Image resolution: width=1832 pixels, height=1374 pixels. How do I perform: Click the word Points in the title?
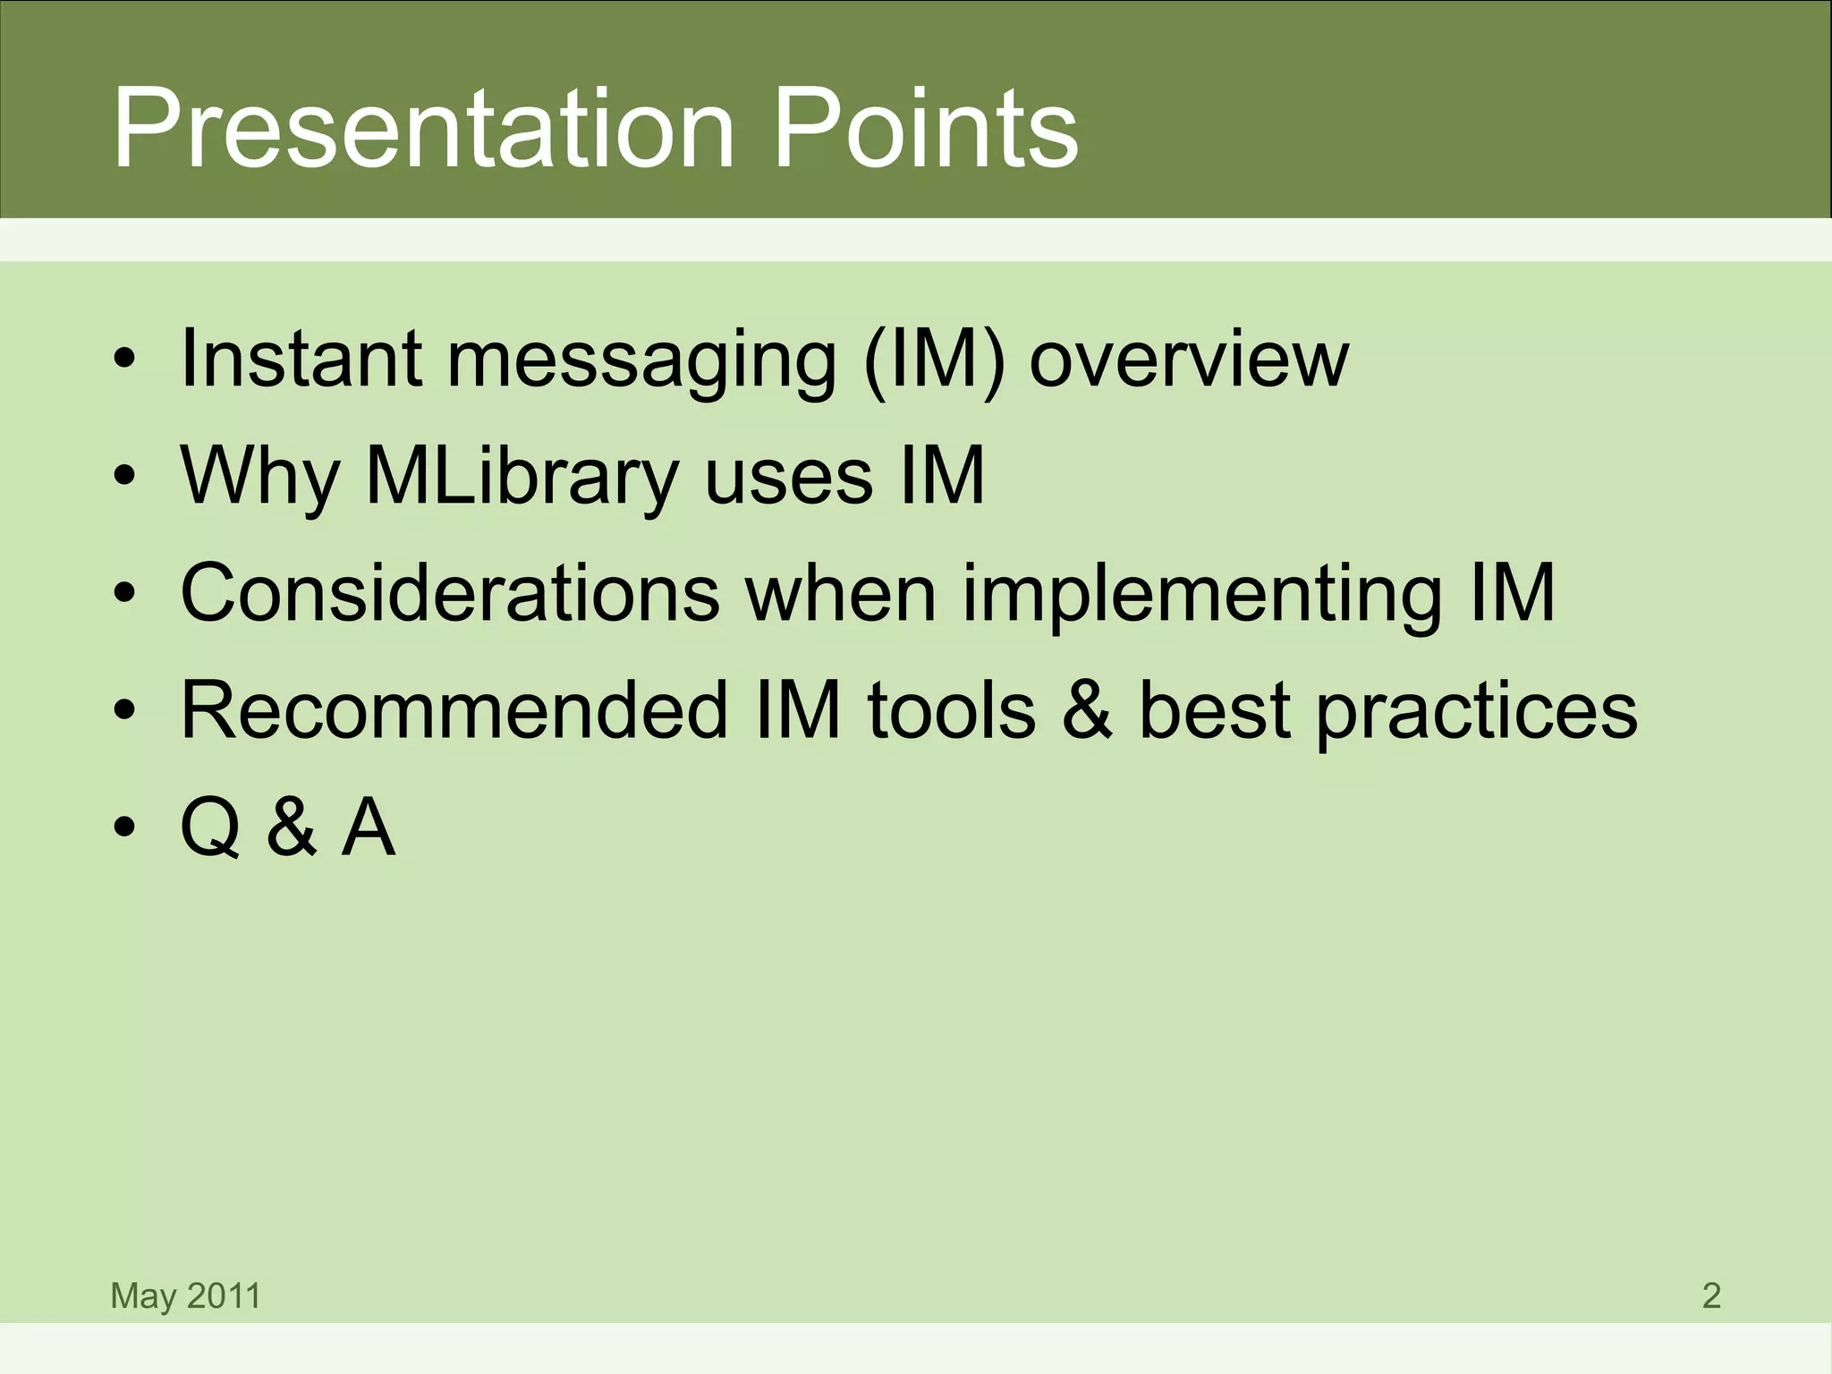(x=925, y=130)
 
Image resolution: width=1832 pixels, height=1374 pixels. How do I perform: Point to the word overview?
(x=1188, y=360)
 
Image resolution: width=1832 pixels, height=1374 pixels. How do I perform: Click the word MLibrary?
(x=522, y=476)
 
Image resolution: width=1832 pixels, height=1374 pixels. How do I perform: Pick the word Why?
(x=259, y=476)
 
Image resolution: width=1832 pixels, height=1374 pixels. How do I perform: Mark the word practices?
(x=1476, y=712)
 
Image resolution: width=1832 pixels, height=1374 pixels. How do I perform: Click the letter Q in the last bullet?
(x=210, y=828)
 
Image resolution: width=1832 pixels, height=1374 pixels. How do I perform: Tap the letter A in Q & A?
(x=368, y=828)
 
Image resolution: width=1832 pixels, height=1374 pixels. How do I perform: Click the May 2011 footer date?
(x=185, y=1295)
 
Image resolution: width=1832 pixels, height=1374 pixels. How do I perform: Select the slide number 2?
(x=1711, y=1295)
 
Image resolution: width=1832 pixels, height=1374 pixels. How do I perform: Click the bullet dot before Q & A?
(x=123, y=828)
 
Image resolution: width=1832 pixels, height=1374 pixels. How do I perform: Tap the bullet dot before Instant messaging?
(x=123, y=360)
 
